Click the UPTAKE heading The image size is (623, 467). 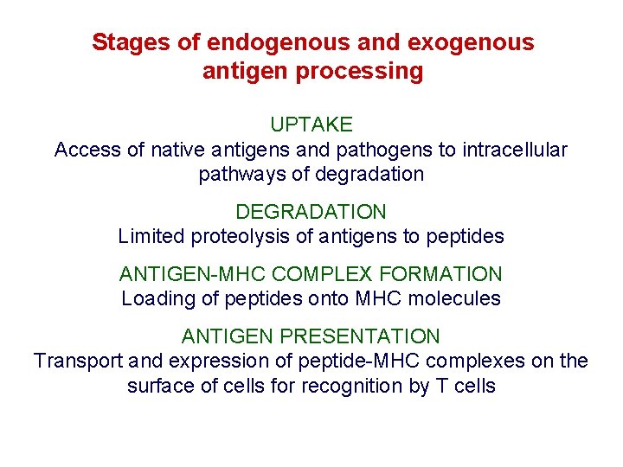pyautogui.click(x=311, y=125)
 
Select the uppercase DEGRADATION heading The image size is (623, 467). pyautogui.click(x=311, y=211)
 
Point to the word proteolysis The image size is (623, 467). pyautogui.click(x=236, y=235)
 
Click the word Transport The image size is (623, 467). pyautogui.click(x=73, y=361)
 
